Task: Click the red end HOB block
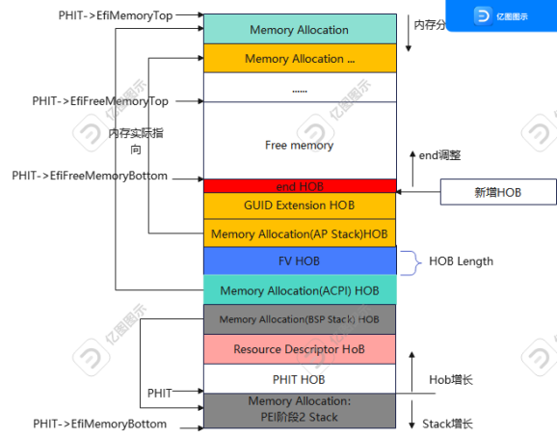300,185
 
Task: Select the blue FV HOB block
300,260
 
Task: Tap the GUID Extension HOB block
300,205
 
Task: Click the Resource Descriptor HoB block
300,348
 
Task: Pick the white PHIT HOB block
300,378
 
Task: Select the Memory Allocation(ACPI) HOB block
300,289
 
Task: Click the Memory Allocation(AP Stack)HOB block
300,233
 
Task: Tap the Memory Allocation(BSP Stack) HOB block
300,319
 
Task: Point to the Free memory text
299,145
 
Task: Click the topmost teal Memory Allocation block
300,30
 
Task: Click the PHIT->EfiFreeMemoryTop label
100,100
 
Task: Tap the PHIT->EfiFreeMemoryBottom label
90,176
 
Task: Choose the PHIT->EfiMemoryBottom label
100,424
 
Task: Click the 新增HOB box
500,193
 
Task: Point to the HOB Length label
461,260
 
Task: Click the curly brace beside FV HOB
410,260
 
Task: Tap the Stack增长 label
449,424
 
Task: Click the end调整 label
440,154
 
